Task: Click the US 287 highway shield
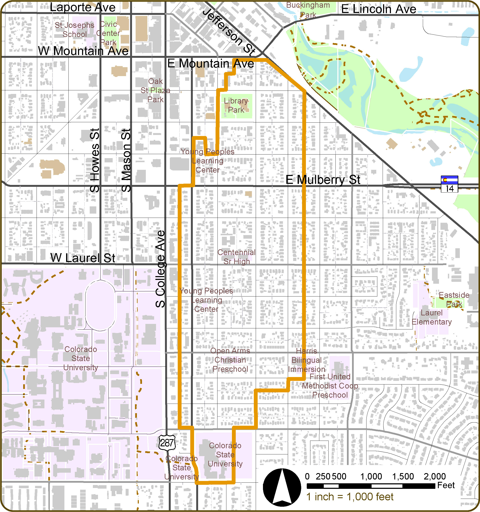tap(167, 443)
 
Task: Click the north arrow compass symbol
tap(282, 488)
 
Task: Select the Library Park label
tap(236, 105)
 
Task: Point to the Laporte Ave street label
tap(82, 7)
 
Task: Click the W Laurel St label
tap(83, 258)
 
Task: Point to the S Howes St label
tap(95, 160)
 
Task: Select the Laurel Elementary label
tap(432, 317)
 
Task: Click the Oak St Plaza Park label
tap(155, 90)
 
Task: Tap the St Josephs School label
tap(74, 30)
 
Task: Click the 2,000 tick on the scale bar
tap(435, 477)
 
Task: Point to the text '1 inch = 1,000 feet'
tap(350, 497)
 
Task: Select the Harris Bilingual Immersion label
tap(306, 360)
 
